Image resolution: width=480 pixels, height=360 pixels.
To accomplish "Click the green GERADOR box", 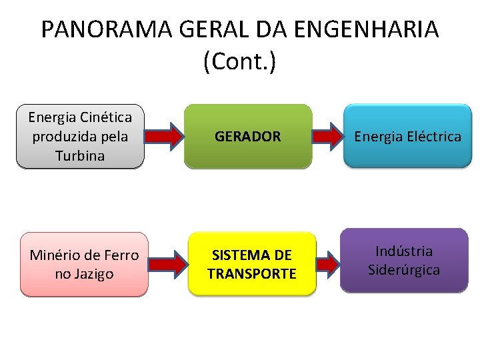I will [248, 135].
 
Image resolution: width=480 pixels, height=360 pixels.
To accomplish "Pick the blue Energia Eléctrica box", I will [407, 136].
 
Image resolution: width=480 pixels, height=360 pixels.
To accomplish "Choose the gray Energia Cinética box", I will [80, 136].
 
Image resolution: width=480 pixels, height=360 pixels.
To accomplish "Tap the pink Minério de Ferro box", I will [84, 264].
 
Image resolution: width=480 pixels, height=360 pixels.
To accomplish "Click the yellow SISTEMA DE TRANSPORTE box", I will [252, 264].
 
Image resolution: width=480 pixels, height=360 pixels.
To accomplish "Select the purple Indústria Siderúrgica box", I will [404, 261].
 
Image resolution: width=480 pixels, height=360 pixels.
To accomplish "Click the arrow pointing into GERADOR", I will [164, 137].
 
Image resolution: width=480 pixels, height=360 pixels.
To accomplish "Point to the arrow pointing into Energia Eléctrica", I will [327, 136].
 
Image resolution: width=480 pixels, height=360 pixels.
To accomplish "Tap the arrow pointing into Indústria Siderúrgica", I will [327, 264].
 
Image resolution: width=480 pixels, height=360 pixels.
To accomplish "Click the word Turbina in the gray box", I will [80, 155].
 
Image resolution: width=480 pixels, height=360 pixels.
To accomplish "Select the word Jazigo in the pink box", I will [93, 274].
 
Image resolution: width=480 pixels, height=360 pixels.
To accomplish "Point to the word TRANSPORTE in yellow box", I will [252, 274].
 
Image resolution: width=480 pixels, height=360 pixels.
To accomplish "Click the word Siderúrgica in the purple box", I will [404, 270].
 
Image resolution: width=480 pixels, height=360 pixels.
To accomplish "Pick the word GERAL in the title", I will [199, 30].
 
